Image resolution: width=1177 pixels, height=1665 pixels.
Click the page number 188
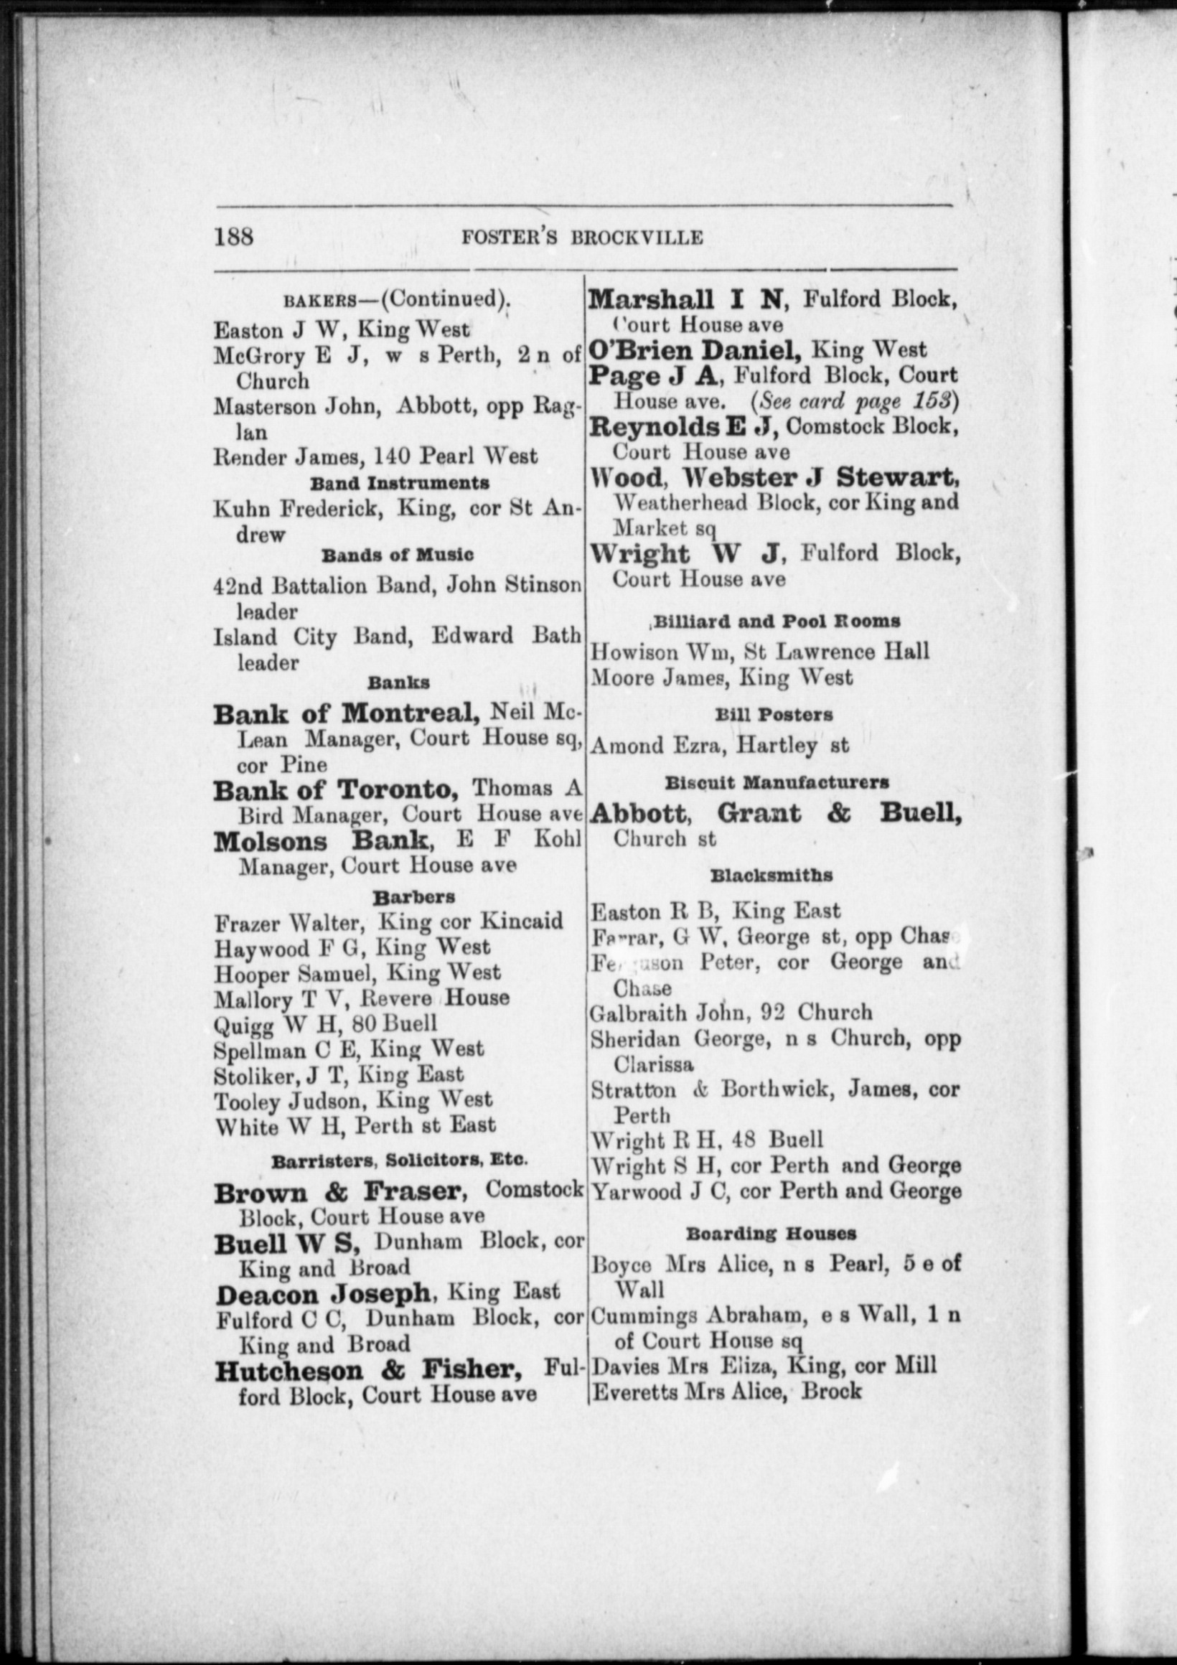pos(233,236)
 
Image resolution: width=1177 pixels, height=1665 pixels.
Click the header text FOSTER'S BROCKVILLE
pos(581,238)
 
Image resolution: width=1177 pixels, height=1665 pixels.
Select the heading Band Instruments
pos(399,483)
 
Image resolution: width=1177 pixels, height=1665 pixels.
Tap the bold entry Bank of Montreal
pos(346,714)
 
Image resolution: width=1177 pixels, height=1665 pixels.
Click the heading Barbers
pos(403,897)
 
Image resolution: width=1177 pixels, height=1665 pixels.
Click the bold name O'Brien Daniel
pos(695,350)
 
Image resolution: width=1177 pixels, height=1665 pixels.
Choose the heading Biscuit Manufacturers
pos(777,783)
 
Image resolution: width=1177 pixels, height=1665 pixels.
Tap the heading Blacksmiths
pos(772,876)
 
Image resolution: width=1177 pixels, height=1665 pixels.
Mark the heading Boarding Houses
pos(771,1234)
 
